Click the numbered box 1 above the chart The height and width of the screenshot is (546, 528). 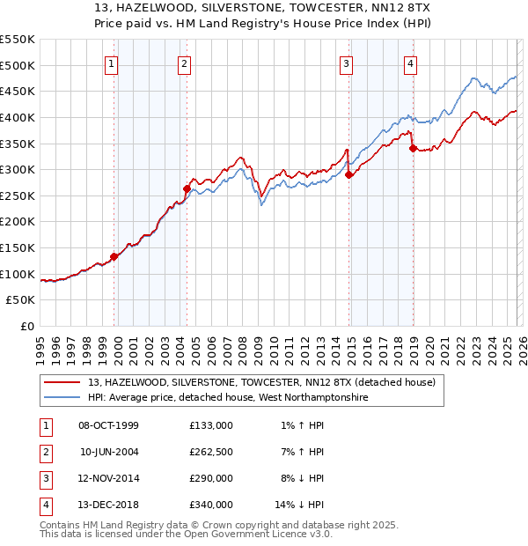[113, 63]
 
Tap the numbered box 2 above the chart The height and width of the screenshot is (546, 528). [184, 63]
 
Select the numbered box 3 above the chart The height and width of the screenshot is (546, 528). [347, 63]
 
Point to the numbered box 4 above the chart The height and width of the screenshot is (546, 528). [411, 63]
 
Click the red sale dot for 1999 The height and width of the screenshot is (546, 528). [114, 257]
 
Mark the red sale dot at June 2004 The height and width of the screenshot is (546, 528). [187, 188]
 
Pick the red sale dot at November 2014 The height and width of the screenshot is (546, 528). [349, 174]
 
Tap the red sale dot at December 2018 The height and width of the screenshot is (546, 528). [413, 149]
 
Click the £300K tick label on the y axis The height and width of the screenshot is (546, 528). [18, 169]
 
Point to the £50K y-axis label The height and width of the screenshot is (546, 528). [21, 300]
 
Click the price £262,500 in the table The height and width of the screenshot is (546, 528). [211, 452]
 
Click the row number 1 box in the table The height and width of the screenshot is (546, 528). [44, 425]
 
